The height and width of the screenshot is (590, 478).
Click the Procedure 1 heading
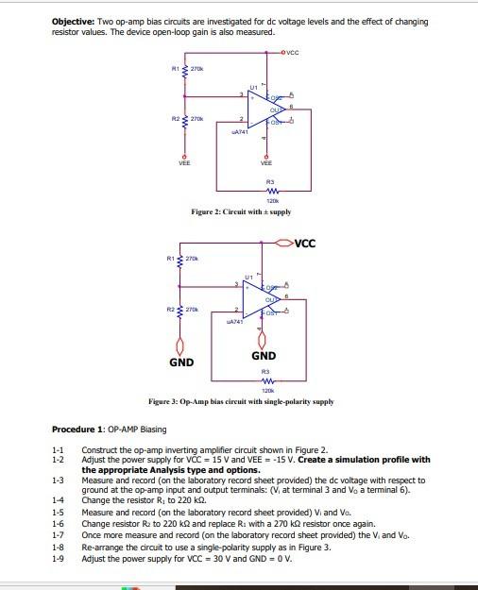coord(95,430)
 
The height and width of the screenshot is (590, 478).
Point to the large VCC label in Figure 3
coord(304,244)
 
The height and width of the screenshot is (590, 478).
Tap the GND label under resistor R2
coord(181,362)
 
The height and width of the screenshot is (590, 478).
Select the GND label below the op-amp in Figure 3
coord(264,356)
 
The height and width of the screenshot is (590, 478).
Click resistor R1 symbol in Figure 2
coord(184,70)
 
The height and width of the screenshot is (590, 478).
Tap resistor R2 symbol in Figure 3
coord(182,310)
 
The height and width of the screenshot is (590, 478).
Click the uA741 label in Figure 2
coord(239,133)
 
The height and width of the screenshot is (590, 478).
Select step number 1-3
coord(59,480)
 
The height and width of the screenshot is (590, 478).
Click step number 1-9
coord(59,559)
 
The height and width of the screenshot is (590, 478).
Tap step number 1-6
coord(59,523)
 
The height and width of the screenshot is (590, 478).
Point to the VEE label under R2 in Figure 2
coord(184,162)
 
